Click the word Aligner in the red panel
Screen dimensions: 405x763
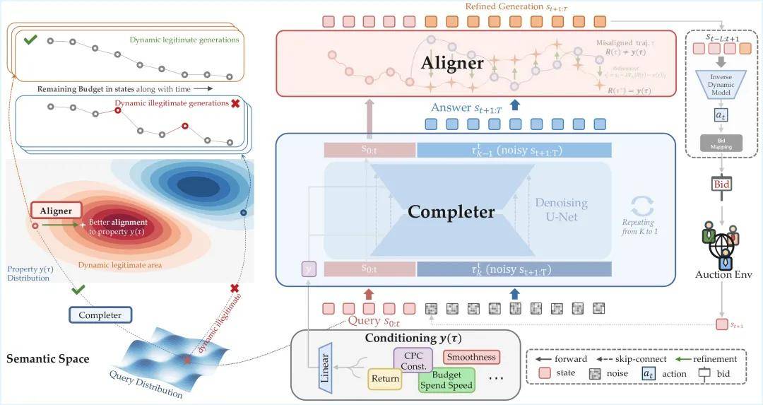pos(453,62)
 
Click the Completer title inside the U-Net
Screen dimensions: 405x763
pos(451,211)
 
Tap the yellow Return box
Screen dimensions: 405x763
pos(385,379)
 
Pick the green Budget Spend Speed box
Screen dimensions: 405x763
pos(446,380)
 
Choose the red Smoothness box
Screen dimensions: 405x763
pos(471,357)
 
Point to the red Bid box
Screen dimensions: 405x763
pos(722,184)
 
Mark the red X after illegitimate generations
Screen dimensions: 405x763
pos(235,103)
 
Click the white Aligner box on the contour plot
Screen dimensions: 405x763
pos(56,210)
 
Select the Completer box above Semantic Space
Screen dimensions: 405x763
pos(100,315)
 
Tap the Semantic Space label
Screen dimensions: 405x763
pos(48,359)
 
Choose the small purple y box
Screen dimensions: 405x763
pos(308,269)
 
